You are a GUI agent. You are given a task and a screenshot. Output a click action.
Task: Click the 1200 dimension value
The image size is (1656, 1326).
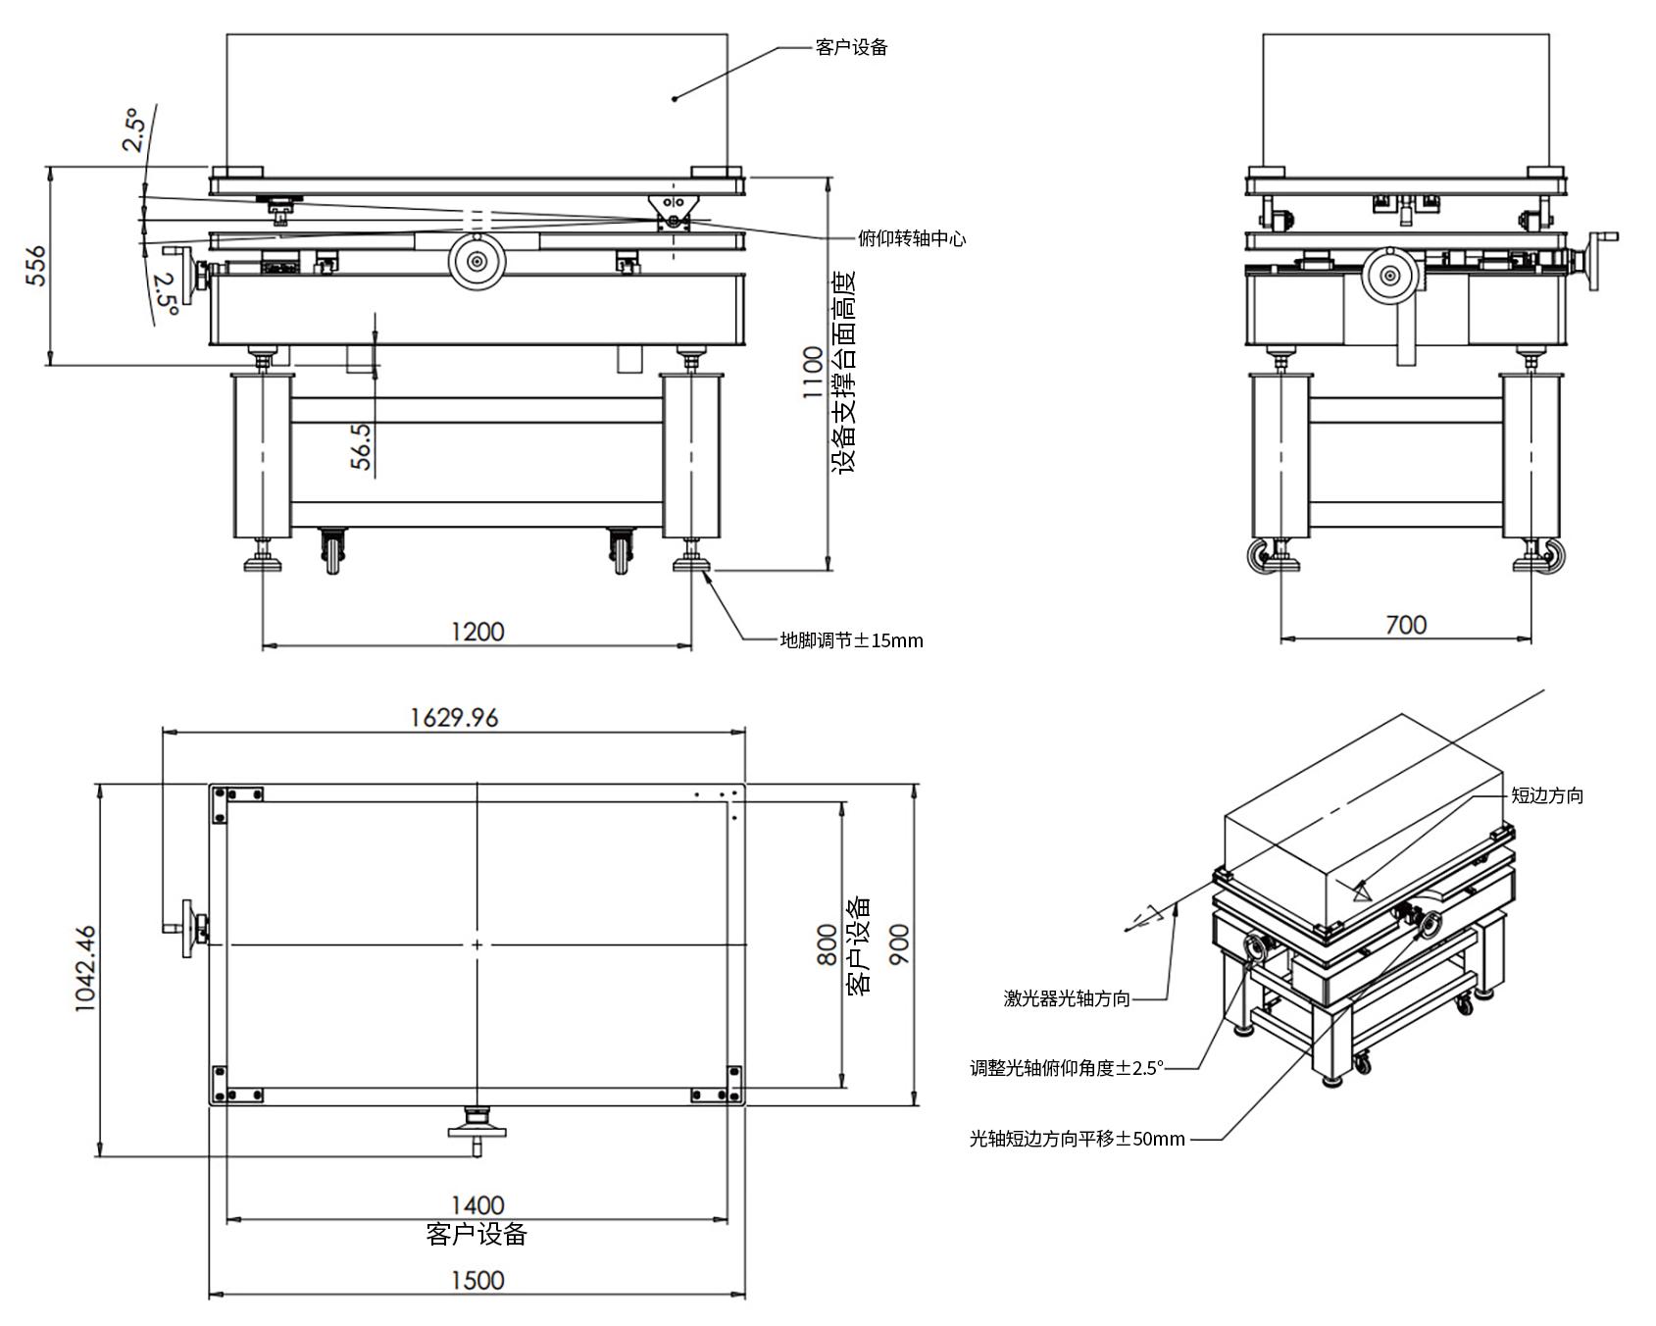[x=477, y=632]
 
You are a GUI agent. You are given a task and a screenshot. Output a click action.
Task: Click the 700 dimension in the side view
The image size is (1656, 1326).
[x=1406, y=625]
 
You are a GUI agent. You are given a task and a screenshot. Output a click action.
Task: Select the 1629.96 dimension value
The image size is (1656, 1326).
[x=453, y=718]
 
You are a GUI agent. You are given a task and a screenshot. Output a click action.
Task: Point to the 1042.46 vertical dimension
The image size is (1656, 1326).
[x=86, y=969]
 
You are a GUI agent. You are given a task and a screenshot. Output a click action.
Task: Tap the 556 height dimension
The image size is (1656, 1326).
[x=35, y=266]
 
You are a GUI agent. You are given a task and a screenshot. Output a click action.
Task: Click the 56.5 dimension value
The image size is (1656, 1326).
[x=362, y=446]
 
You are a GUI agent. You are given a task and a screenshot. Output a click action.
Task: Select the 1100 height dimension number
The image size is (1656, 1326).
[x=814, y=372]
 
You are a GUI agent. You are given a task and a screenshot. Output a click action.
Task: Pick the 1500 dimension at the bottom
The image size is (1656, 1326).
[x=477, y=1280]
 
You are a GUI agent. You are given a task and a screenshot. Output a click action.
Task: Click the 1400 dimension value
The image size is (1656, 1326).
[x=477, y=1204]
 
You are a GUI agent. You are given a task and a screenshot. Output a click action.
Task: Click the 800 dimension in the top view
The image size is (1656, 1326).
[x=828, y=944]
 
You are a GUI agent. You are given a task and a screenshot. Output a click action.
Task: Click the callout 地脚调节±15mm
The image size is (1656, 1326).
[x=851, y=641]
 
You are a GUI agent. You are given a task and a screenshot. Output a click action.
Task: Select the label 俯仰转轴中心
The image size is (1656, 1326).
[x=911, y=238]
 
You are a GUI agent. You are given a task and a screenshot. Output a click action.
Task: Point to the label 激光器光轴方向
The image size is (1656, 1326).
[x=1067, y=998]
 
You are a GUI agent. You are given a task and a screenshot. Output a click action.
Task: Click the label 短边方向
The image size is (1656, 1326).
[x=1547, y=795]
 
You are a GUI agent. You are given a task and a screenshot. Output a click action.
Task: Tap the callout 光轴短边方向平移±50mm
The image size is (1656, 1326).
[x=1077, y=1139]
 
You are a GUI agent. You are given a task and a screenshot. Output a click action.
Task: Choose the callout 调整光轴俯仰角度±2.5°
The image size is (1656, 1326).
[x=1067, y=1068]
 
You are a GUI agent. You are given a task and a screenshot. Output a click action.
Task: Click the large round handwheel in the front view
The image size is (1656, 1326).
[x=477, y=262]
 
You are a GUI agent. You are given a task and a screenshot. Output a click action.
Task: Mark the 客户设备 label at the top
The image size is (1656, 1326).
[x=851, y=47]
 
